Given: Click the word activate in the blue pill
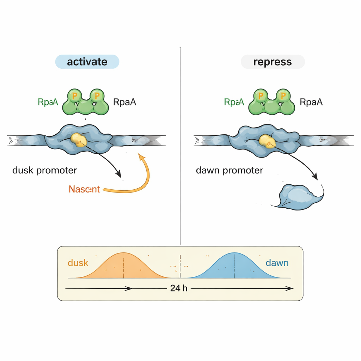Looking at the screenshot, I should pyautogui.click(x=87, y=62).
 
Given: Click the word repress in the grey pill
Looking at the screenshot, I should pyautogui.click(x=273, y=62).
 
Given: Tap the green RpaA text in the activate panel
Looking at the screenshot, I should pyautogui.click(x=48, y=102).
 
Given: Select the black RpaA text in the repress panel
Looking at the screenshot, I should pyautogui.click(x=311, y=102).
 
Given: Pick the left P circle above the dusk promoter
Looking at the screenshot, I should pyautogui.click(x=75, y=95).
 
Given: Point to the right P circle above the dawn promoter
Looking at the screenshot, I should pyautogui.click(x=282, y=95).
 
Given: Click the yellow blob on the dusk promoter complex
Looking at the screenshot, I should pyautogui.click(x=78, y=140).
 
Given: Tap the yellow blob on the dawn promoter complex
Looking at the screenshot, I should pyautogui.click(x=267, y=141).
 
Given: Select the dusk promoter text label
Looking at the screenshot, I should pyautogui.click(x=44, y=170).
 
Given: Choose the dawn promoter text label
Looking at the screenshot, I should pyautogui.click(x=229, y=171).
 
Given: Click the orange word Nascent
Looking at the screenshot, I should pyautogui.click(x=84, y=189).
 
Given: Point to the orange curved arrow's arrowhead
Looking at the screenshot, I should pyautogui.click(x=141, y=155).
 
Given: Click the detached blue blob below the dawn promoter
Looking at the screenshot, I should pyautogui.click(x=298, y=197).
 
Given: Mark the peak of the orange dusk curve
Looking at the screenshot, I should pyautogui.click(x=123, y=253).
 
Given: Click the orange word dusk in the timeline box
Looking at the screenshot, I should pyautogui.click(x=78, y=263).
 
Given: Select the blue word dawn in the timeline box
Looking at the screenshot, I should pyautogui.click(x=277, y=263).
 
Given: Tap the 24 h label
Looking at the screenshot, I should pyautogui.click(x=179, y=288).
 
